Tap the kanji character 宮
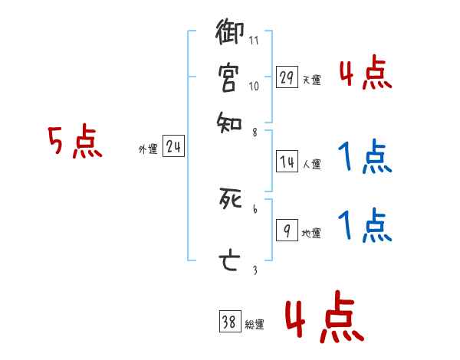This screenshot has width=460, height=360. (x=229, y=77)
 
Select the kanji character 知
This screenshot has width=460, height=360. (x=229, y=121)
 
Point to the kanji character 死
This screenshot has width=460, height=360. (x=229, y=201)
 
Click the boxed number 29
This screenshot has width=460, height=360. (x=287, y=77)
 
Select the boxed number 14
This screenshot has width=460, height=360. (x=287, y=162)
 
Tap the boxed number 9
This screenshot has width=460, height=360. (x=287, y=231)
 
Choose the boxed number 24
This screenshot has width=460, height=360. (x=173, y=148)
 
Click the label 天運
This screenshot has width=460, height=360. (x=311, y=80)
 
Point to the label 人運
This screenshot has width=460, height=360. (x=311, y=164)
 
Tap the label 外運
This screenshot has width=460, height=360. (x=148, y=150)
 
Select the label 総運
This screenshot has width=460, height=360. (x=254, y=325)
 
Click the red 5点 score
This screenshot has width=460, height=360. (x=75, y=143)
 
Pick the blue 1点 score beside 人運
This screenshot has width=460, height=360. (x=365, y=159)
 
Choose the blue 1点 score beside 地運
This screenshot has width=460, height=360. (x=365, y=227)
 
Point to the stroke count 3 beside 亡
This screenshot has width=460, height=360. (x=254, y=270)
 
